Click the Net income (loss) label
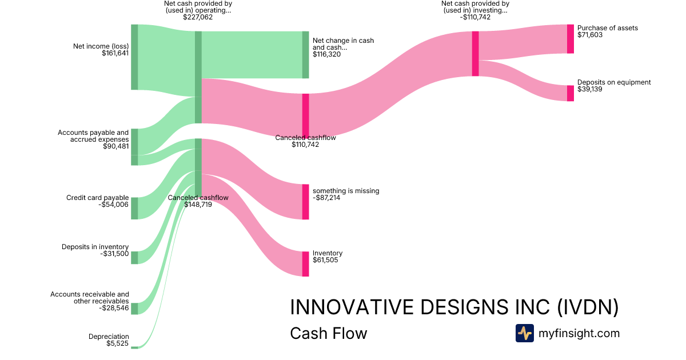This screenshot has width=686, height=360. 101,46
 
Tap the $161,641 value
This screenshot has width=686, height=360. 115,53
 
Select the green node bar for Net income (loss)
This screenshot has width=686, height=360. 134,57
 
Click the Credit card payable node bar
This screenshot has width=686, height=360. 134,208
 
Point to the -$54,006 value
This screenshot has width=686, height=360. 114,205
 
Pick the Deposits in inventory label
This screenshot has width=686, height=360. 95,247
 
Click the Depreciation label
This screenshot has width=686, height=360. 109,337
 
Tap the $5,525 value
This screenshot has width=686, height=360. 117,343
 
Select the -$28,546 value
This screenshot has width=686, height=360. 114,308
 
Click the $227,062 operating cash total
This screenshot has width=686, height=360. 198,17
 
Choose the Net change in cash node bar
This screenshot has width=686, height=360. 305,55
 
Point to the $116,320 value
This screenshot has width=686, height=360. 328,54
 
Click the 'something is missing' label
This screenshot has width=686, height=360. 346,191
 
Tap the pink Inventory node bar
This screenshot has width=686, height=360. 305,263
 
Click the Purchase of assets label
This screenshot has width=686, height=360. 608,28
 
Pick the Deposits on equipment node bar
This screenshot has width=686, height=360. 570,93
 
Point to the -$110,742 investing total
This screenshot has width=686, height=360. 474,17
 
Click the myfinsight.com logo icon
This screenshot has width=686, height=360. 524,333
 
